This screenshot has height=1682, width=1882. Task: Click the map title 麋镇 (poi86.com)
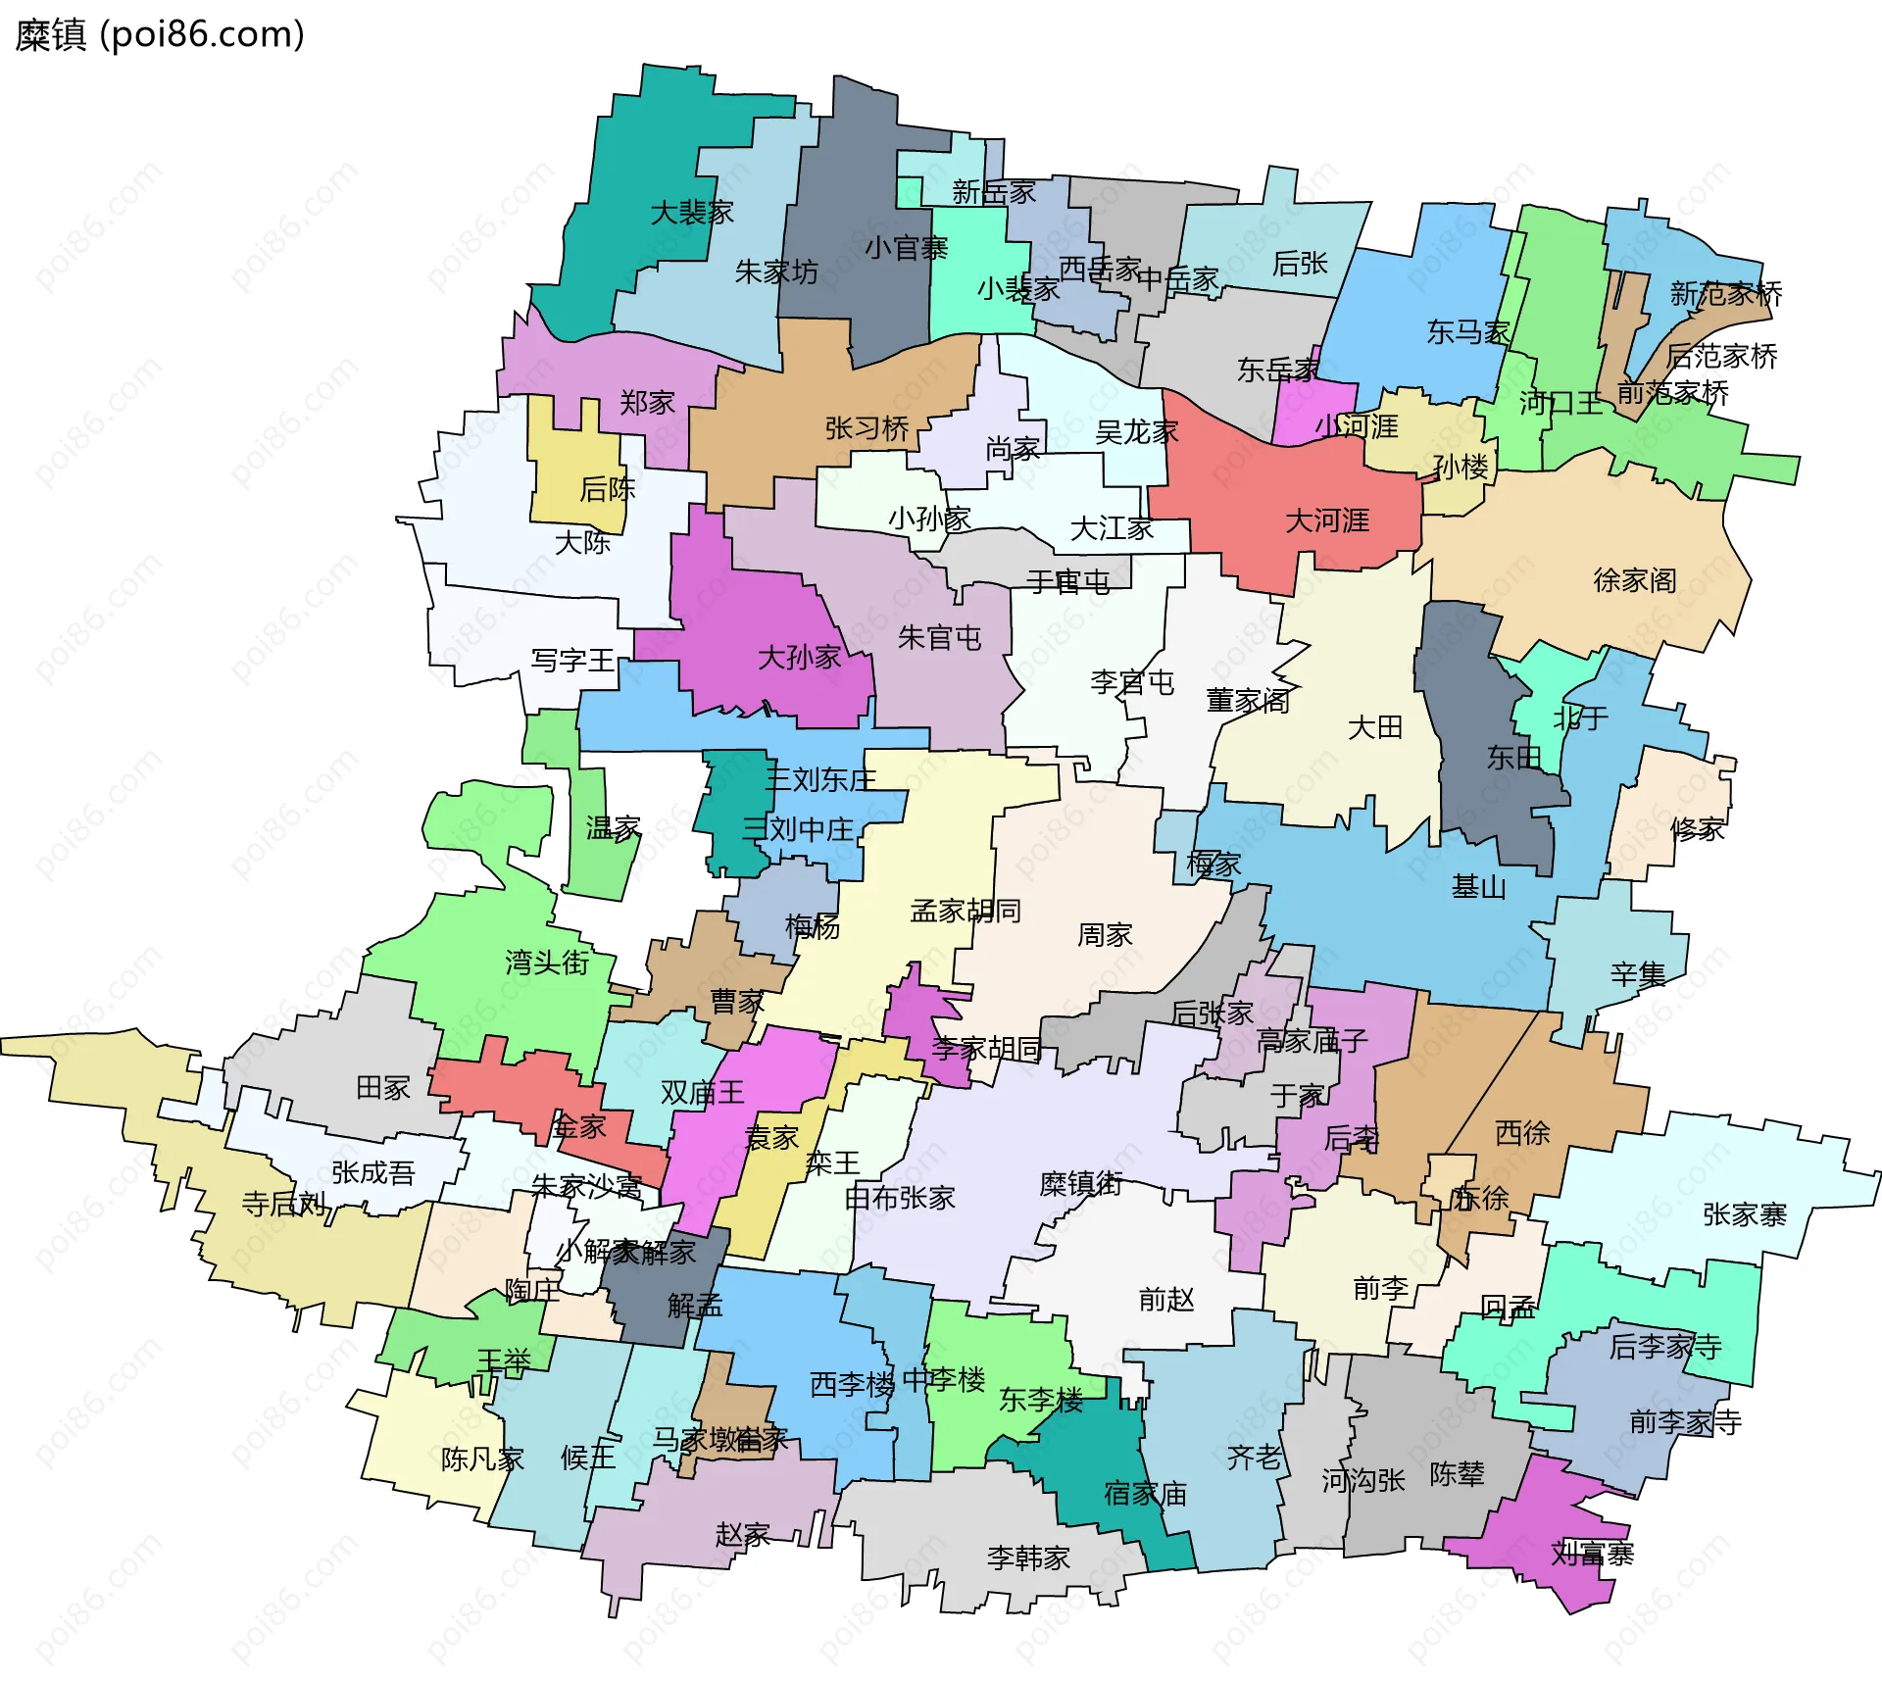[x=160, y=35]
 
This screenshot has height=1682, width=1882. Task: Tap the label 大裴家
[x=692, y=213]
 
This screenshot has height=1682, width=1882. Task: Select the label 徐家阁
[x=1634, y=580]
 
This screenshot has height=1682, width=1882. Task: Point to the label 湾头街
[x=547, y=963]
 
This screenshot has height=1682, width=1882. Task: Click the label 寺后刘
[x=283, y=1204]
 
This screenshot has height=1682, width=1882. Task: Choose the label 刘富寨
[x=1592, y=1554]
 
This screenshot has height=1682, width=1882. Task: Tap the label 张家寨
[x=1745, y=1215]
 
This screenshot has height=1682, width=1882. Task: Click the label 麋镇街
[x=1080, y=1184]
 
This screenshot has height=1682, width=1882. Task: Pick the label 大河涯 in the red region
[x=1326, y=520]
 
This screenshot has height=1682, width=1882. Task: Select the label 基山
[x=1478, y=887]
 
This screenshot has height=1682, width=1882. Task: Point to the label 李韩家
[x=1027, y=1558]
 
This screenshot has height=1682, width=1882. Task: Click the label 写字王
[x=572, y=661]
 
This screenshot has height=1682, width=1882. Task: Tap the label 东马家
[x=1467, y=332]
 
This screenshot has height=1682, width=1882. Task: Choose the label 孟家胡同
[x=966, y=911]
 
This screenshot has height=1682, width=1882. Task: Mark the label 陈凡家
[x=482, y=1459]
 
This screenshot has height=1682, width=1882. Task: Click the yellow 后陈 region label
[x=607, y=488]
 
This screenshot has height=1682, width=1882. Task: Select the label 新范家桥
[x=1725, y=293]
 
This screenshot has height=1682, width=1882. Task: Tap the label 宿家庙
[x=1145, y=1494]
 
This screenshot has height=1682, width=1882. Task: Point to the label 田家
[x=382, y=1087]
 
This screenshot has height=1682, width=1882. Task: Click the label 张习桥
[x=867, y=428]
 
